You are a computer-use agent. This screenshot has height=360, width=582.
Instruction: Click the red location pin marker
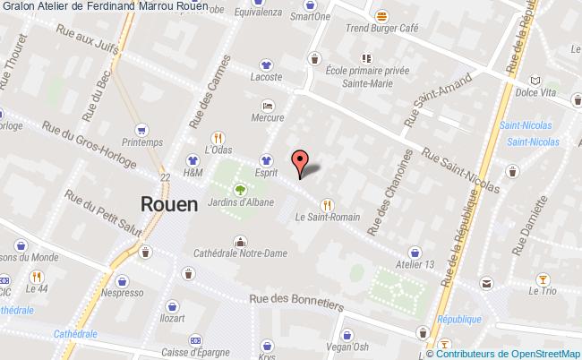(x=300, y=160)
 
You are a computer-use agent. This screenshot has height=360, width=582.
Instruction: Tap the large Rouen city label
(x=168, y=203)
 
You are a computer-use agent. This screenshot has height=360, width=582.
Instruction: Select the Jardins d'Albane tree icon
(x=240, y=189)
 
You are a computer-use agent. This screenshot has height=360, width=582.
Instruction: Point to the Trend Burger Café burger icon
(x=382, y=16)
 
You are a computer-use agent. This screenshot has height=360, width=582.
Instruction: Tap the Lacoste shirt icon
(x=266, y=64)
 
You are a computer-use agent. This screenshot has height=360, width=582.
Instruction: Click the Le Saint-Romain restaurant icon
(x=327, y=203)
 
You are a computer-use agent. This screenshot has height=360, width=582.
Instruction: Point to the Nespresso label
(x=123, y=293)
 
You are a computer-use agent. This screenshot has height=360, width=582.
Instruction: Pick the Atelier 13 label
(x=416, y=264)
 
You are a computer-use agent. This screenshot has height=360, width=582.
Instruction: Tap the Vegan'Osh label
(x=347, y=347)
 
